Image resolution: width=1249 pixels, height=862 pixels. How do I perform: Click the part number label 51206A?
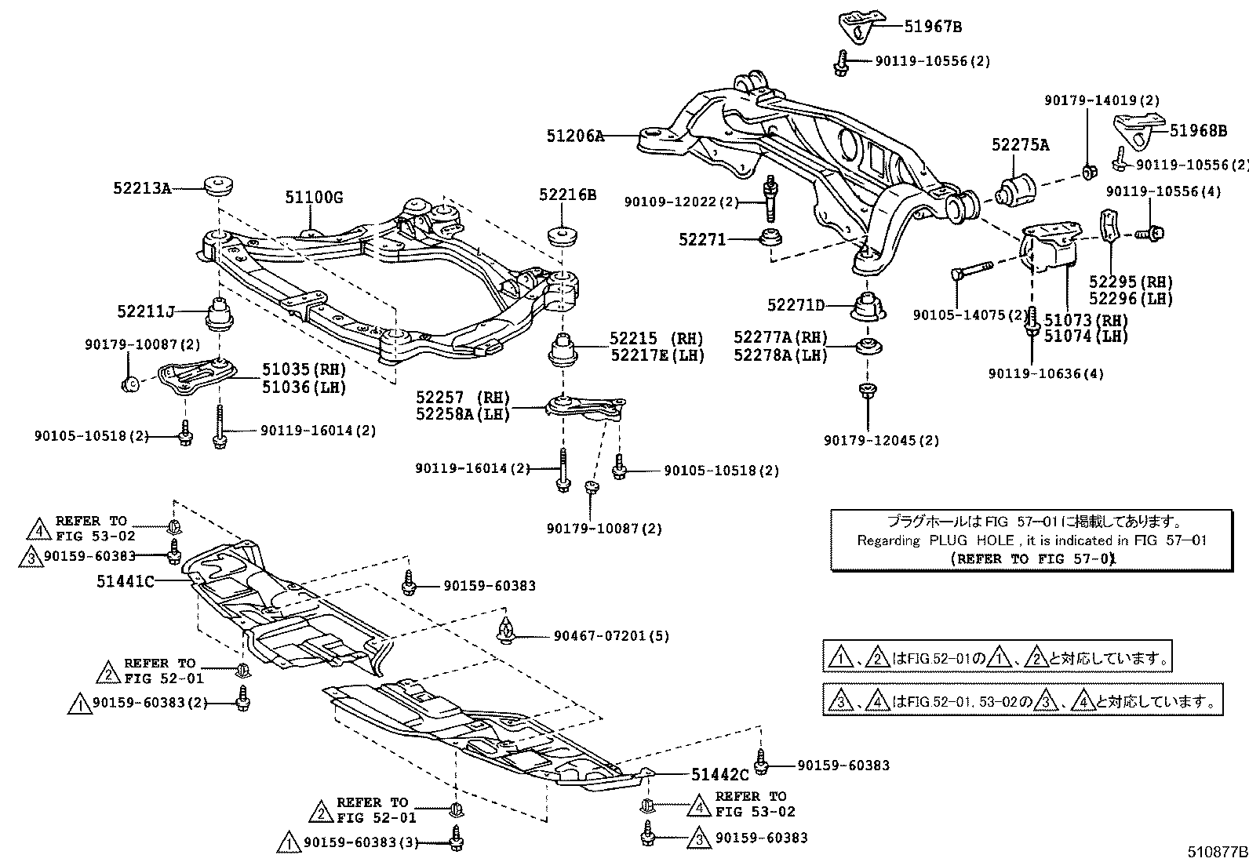click(x=575, y=136)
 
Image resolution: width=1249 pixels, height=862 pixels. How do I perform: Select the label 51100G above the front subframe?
click(x=314, y=198)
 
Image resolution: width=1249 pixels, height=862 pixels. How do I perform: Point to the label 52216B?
click(x=567, y=195)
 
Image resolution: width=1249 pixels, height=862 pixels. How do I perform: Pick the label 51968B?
click(x=1198, y=131)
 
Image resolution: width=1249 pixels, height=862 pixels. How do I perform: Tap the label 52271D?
click(x=796, y=305)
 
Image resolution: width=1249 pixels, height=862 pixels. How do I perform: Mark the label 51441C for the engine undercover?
click(x=126, y=581)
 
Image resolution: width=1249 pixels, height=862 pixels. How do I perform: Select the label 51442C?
click(x=720, y=775)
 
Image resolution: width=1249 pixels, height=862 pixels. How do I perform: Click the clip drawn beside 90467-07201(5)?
click(x=507, y=630)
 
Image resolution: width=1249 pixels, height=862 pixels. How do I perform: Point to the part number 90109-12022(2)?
click(x=681, y=202)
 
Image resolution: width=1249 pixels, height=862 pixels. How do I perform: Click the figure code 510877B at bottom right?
click(x=1216, y=852)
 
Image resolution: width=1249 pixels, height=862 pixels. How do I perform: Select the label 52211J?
click(x=145, y=311)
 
